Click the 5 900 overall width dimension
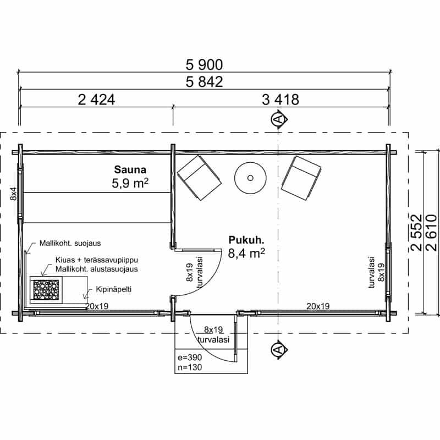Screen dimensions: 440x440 coord(204,65)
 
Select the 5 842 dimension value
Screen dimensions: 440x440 coord(204,82)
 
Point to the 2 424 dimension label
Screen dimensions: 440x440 coord(96,100)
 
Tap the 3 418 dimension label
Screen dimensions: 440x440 coord(280,100)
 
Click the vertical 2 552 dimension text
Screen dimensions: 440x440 coord(416,233)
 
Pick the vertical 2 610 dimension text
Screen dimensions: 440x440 coord(432,233)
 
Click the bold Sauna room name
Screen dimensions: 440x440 coord(130,170)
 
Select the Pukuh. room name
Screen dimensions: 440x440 coord(246,240)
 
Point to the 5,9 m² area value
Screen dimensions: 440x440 coord(130,184)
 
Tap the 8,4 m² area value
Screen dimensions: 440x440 coord(246,254)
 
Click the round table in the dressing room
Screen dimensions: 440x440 coord(250,178)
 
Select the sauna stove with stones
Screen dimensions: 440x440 coord(46,290)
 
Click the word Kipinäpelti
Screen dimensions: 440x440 coord(114,289)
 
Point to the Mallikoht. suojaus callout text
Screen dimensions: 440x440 coord(70,243)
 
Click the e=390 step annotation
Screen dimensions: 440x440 coord(190,357)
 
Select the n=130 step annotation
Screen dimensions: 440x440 coord(190,367)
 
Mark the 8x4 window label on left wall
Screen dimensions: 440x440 coord(13,194)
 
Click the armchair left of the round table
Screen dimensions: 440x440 coord(199,178)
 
